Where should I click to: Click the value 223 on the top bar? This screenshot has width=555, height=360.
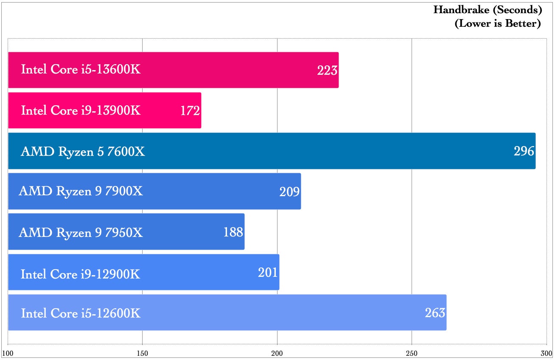point(327,70)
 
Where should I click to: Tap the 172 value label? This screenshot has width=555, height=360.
point(190,111)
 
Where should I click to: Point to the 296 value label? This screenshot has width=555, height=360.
point(524,151)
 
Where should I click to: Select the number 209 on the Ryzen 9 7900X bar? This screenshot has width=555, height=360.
point(289,192)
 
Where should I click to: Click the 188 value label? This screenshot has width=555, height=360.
point(233,232)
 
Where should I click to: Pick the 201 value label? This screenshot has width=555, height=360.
point(268,273)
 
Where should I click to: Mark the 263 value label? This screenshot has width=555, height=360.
point(435,313)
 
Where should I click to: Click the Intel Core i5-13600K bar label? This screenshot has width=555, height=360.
point(81,69)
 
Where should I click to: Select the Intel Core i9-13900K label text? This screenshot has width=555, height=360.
point(81,110)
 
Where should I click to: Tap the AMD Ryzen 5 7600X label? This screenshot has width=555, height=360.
point(83,151)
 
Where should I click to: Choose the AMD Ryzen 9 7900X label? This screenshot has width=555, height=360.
point(81,191)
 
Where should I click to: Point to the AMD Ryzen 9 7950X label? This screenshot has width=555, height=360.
point(81,233)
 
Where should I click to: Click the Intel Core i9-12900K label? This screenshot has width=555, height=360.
point(80,274)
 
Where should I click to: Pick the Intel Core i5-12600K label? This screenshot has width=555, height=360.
point(81,314)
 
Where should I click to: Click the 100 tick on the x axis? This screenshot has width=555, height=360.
point(8,353)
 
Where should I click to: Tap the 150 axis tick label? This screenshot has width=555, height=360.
point(142,353)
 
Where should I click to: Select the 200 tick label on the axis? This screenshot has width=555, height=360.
point(277,353)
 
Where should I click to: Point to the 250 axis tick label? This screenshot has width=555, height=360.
point(412,353)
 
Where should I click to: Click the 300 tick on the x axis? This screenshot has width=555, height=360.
point(546,353)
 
